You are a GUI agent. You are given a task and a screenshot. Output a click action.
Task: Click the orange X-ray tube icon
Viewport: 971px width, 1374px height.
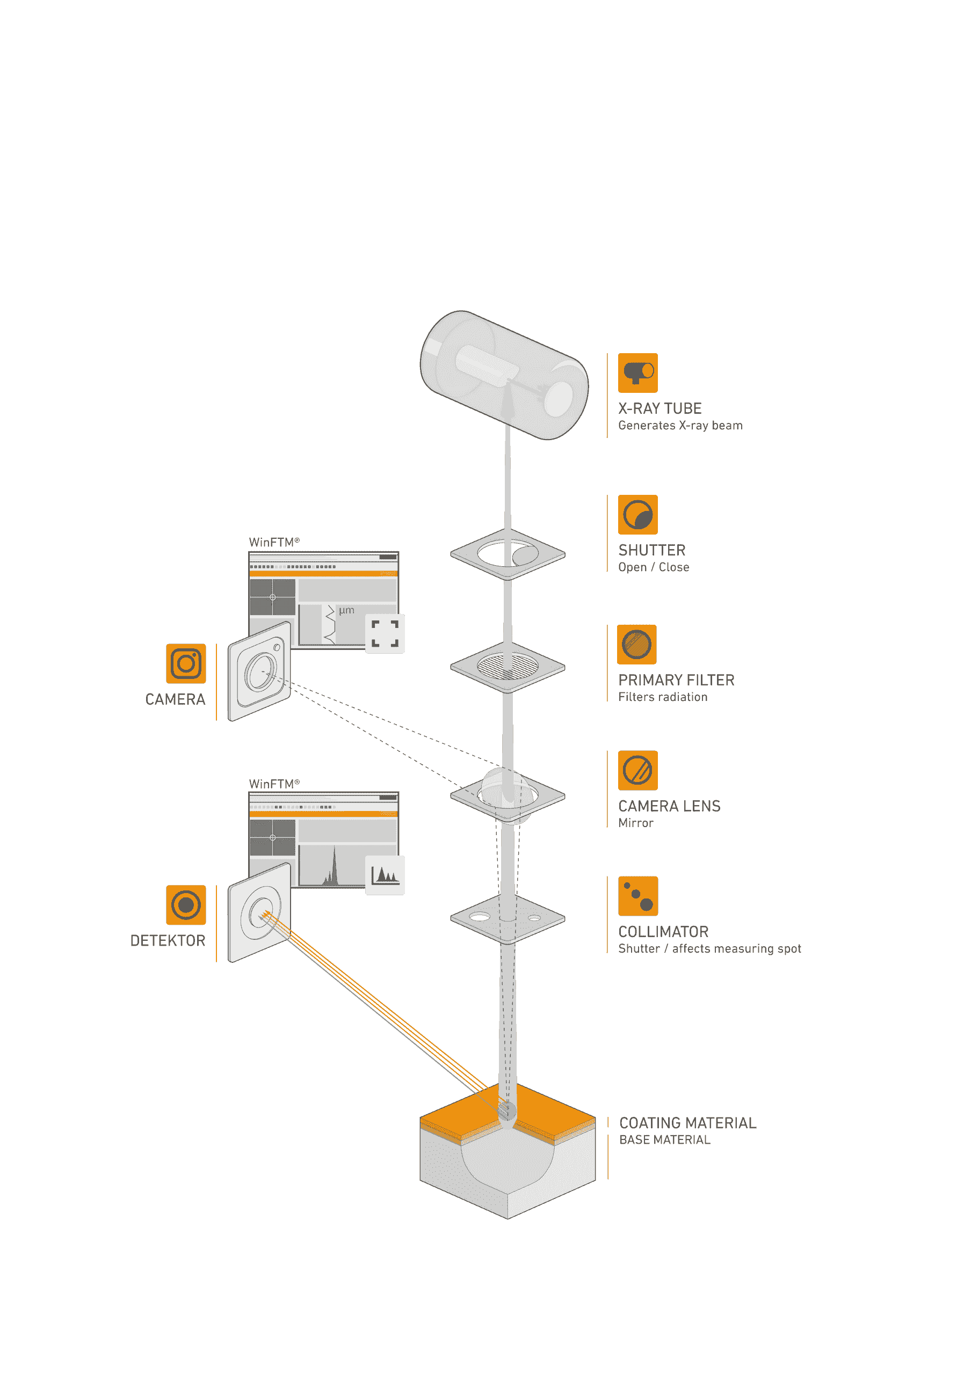pos(637,373)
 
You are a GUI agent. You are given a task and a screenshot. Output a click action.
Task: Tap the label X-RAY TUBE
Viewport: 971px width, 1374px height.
pos(660,409)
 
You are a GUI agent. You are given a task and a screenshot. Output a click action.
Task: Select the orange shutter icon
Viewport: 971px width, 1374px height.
pos(637,515)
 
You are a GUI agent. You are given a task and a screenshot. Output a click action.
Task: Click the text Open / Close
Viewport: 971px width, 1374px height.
pos(653,567)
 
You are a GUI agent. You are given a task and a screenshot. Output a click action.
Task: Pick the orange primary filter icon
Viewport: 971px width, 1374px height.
pos(636,645)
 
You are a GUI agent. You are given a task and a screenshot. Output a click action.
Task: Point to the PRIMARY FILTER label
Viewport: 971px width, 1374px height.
pos(676,681)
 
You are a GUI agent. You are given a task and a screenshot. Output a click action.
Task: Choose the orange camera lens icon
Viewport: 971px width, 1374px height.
pos(637,770)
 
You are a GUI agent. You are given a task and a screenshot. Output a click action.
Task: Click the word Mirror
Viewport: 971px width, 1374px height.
pos(635,823)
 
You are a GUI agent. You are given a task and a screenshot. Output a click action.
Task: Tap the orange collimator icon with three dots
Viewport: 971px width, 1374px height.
pos(637,896)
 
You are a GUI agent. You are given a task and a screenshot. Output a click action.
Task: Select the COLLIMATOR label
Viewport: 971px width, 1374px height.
pos(663,932)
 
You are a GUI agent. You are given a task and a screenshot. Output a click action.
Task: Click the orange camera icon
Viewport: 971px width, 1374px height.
pos(186,663)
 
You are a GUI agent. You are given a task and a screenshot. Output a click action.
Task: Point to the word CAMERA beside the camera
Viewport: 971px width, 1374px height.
pos(175,699)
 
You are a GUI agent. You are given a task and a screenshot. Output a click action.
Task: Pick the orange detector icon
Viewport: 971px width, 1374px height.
pos(186,905)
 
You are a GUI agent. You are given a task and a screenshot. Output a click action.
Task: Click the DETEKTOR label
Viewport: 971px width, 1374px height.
pos(168,941)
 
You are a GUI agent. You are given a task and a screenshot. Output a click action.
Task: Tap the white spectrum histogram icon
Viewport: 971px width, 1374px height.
pos(385,875)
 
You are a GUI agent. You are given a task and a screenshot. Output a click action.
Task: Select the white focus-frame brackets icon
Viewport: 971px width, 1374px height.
pos(385,634)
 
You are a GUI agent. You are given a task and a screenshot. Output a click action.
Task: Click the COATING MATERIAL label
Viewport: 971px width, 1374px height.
pos(687,1123)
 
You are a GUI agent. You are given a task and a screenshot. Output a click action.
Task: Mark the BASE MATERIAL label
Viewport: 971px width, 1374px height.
pos(664,1140)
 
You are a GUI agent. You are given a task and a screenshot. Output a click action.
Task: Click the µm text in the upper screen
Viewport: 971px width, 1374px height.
pos(346,610)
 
